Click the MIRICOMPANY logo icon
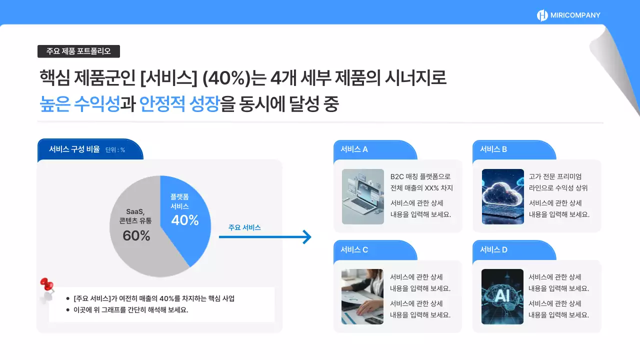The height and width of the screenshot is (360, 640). click(542, 15)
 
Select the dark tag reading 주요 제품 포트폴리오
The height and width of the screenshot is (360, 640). click(78, 51)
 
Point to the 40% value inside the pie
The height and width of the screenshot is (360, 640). click(185, 220)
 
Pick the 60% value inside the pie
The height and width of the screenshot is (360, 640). click(136, 236)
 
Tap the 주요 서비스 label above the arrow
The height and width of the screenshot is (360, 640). click(244, 227)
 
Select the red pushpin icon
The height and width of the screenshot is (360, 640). click(47, 285)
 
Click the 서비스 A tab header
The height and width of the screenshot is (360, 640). click(354, 149)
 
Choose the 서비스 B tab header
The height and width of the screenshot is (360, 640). click(493, 149)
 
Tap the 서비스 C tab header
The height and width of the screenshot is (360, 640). click(354, 249)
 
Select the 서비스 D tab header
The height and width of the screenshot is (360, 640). click(493, 249)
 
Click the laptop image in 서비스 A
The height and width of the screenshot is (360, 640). click(363, 196)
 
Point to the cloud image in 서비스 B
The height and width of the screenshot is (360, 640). click(502, 196)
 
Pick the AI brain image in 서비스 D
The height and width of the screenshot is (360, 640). click(502, 296)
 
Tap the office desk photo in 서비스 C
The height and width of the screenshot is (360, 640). click(362, 296)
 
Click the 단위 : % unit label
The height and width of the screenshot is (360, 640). click(115, 150)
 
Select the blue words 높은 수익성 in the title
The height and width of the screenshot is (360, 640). click(79, 104)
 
